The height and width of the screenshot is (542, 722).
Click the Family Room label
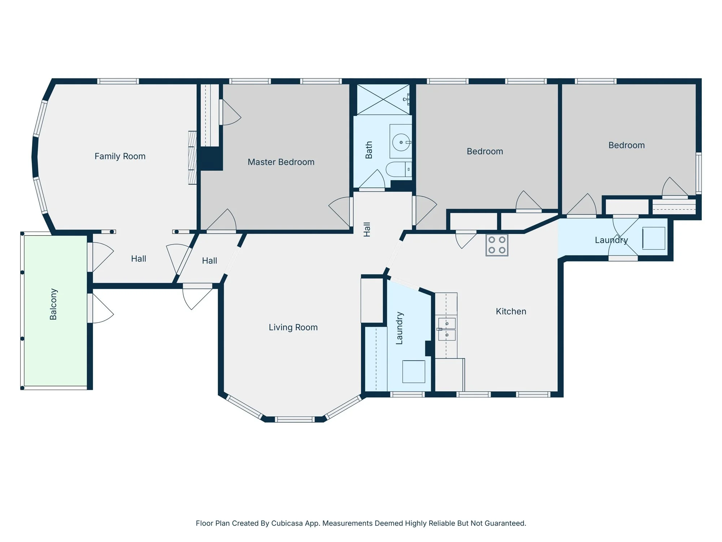coord(120,156)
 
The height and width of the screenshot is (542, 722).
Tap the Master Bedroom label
coord(281,162)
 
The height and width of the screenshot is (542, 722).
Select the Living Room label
coord(293,327)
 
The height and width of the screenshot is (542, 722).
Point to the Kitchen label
coord(511,311)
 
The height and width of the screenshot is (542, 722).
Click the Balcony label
coord(53,304)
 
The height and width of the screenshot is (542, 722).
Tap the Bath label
coord(369,150)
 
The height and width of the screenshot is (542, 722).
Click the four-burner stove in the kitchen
coord(497,245)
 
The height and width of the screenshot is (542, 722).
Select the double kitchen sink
coord(447,329)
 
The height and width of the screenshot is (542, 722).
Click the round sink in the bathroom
coord(401,142)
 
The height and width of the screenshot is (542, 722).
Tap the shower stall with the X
coord(383,99)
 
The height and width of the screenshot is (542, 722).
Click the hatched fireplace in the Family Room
coord(192,158)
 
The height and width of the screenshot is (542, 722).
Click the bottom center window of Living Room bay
coord(295,420)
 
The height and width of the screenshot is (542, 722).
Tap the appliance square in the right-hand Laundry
coord(654,238)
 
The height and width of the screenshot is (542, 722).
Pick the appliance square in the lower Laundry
coord(414,371)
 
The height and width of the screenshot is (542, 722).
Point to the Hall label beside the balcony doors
coord(139,259)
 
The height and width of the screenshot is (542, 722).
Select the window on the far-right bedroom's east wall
coord(699,173)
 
